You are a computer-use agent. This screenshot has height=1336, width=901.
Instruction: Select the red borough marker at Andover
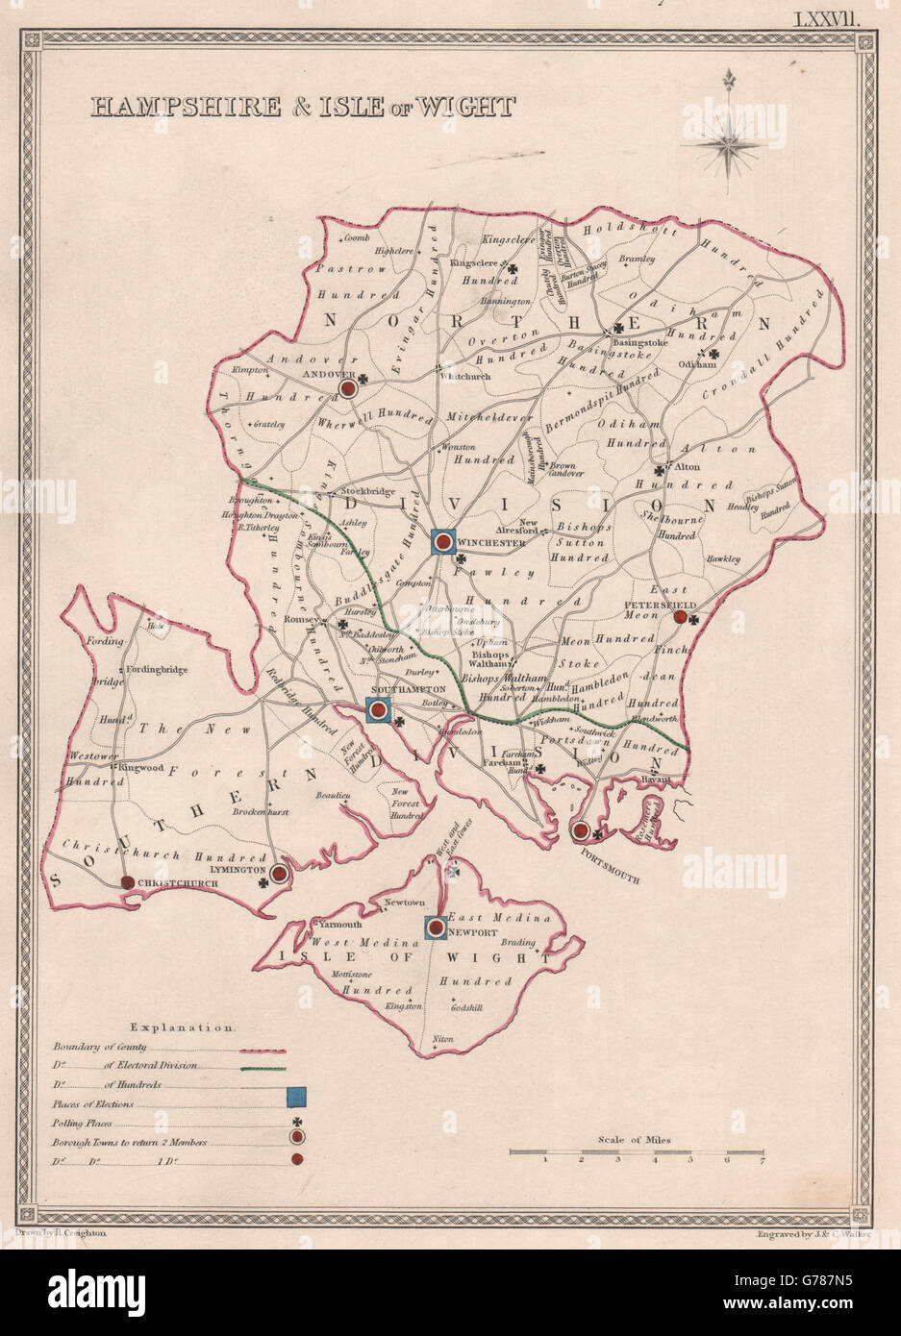click(x=347, y=388)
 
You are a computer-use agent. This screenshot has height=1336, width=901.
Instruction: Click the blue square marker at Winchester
click(x=442, y=543)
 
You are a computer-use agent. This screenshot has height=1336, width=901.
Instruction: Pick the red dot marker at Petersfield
click(x=681, y=618)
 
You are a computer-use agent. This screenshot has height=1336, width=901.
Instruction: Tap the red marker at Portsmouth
click(x=580, y=830)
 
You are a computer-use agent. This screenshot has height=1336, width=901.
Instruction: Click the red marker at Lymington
click(x=278, y=874)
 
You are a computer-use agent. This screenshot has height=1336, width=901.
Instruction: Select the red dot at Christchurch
click(x=126, y=882)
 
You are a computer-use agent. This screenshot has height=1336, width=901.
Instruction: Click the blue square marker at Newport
click(x=436, y=928)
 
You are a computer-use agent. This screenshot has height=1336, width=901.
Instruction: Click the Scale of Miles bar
click(x=635, y=1150)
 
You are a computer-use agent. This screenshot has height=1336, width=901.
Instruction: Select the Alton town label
click(x=688, y=468)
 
